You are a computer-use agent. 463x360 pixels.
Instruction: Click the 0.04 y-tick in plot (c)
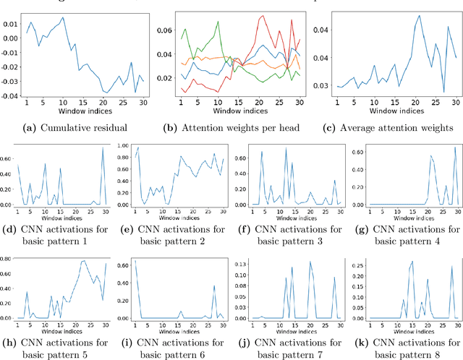318,31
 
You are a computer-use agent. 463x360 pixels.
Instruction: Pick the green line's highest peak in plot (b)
218,22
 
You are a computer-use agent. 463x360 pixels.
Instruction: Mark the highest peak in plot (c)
418,15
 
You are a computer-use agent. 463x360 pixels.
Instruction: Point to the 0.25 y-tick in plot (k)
357,265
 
